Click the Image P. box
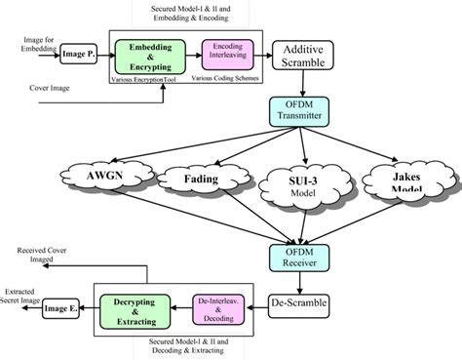81,56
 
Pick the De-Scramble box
299,305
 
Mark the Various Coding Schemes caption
223,78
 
